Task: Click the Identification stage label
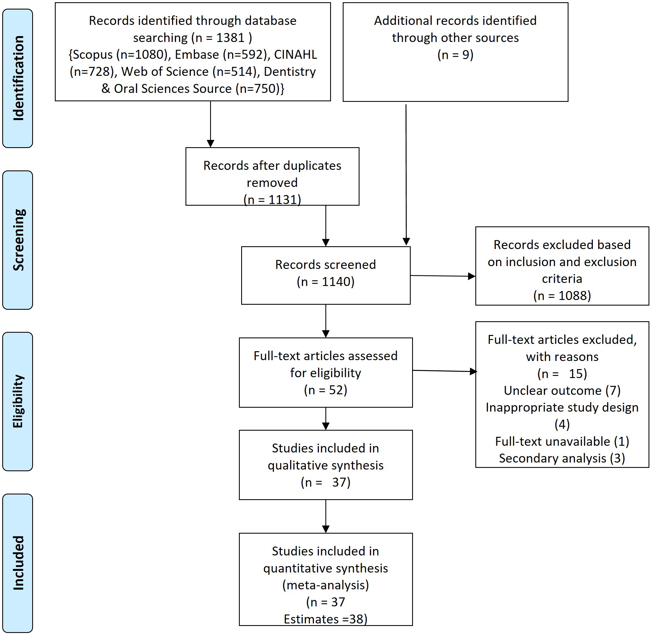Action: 18,78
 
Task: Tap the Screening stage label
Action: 18,240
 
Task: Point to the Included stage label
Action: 18,563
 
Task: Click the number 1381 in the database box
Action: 230,38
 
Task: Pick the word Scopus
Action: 93,55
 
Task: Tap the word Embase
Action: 197,55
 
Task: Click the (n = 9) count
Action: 455,55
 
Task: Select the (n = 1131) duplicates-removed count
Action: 272,200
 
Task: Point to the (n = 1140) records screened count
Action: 325,282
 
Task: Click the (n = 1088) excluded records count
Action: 562,295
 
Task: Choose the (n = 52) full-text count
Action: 325,390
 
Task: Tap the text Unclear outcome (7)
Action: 562,391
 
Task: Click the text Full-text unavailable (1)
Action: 562,442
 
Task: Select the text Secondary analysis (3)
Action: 562,458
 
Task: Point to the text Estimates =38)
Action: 325,619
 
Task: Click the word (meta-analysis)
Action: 325,585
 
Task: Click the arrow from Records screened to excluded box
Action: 443,276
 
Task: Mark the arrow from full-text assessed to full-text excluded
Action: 445,371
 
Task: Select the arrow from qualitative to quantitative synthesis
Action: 326,516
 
